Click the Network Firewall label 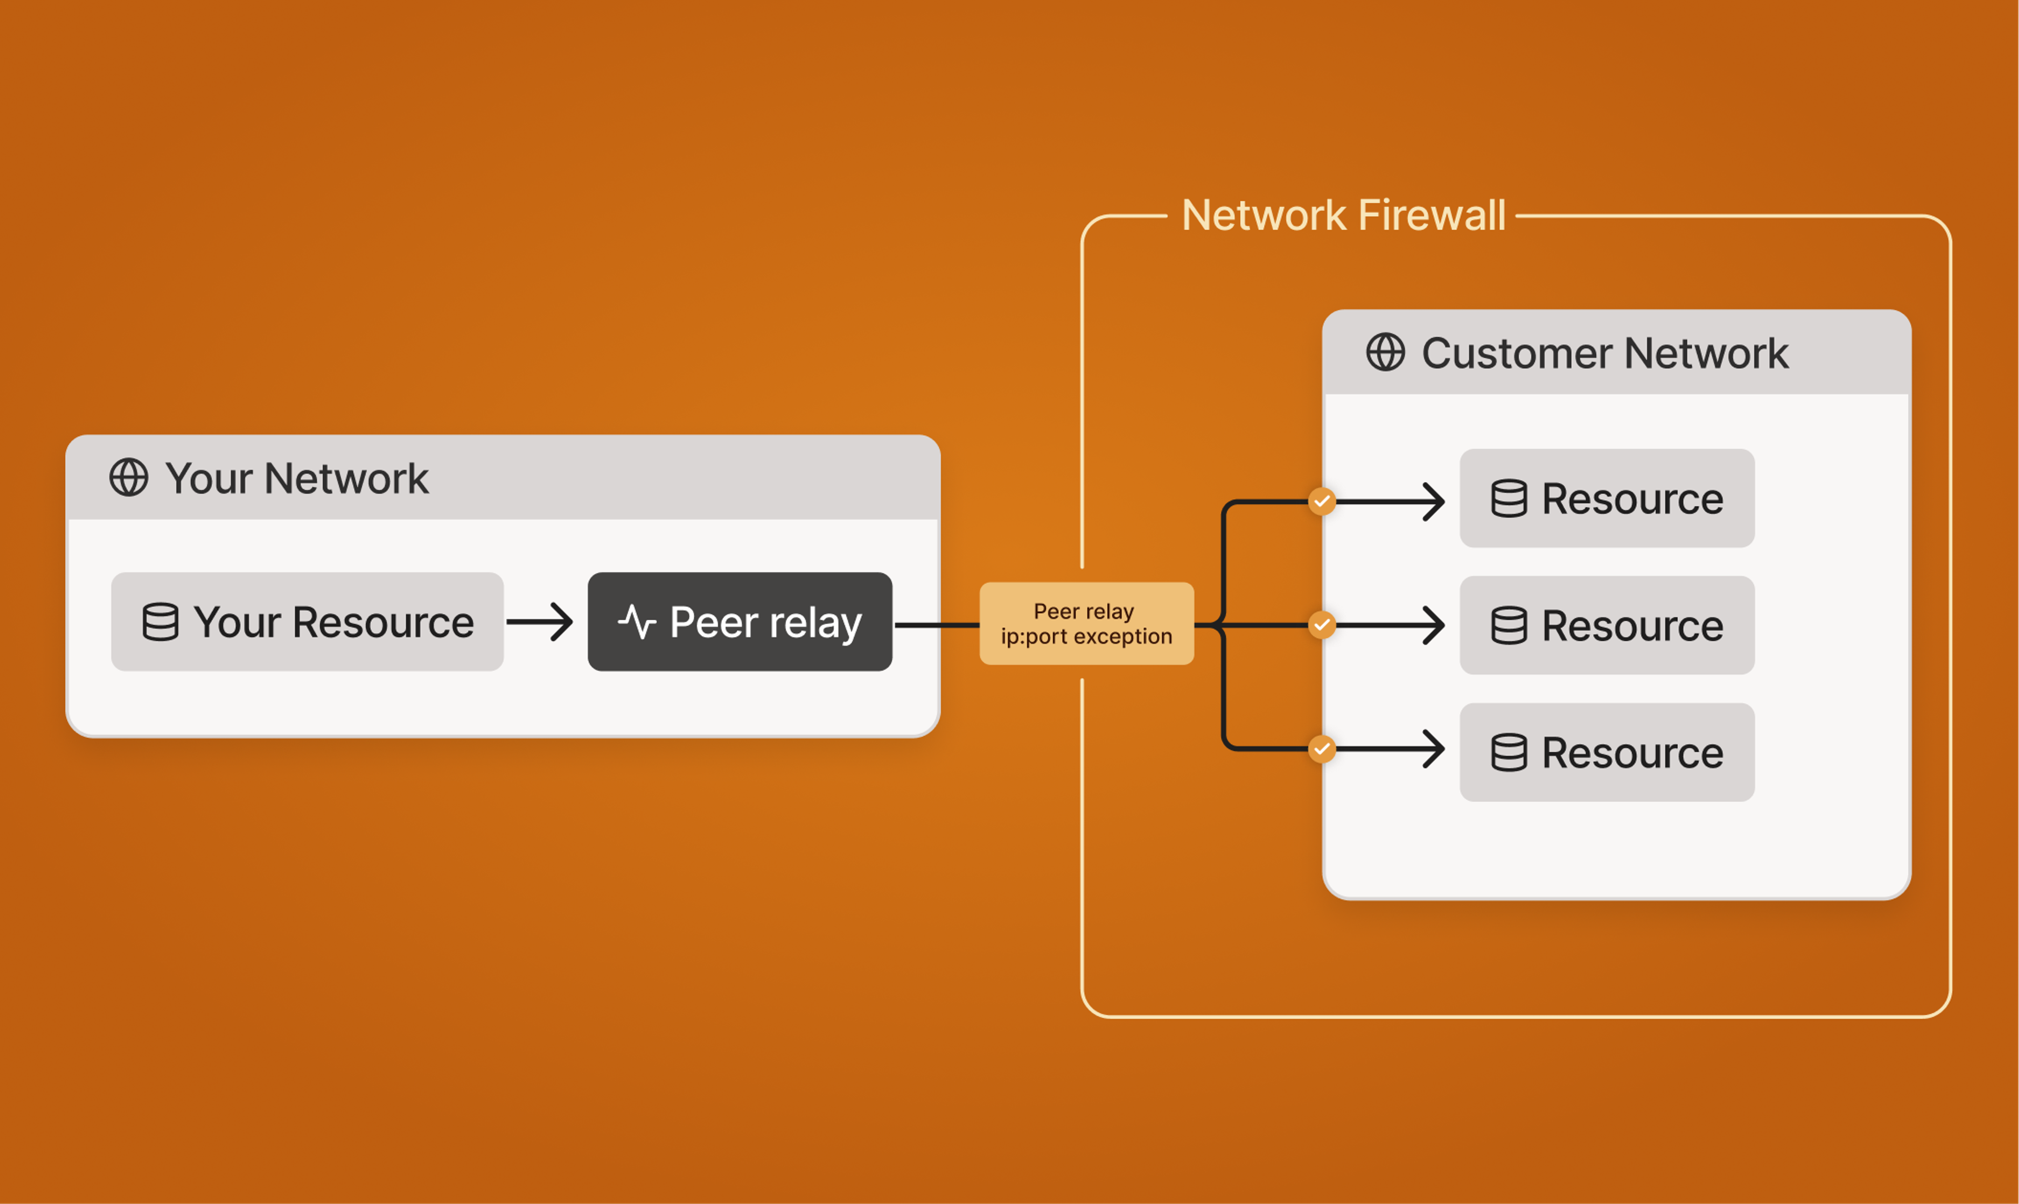coord(1343,216)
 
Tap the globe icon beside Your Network coord(129,477)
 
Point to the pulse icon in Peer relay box coord(637,622)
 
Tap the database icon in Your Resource coord(160,622)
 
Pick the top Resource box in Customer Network coord(1607,498)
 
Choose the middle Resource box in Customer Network coord(1607,625)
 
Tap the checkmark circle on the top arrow coord(1322,501)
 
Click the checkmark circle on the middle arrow coord(1322,625)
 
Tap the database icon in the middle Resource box coord(1508,625)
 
